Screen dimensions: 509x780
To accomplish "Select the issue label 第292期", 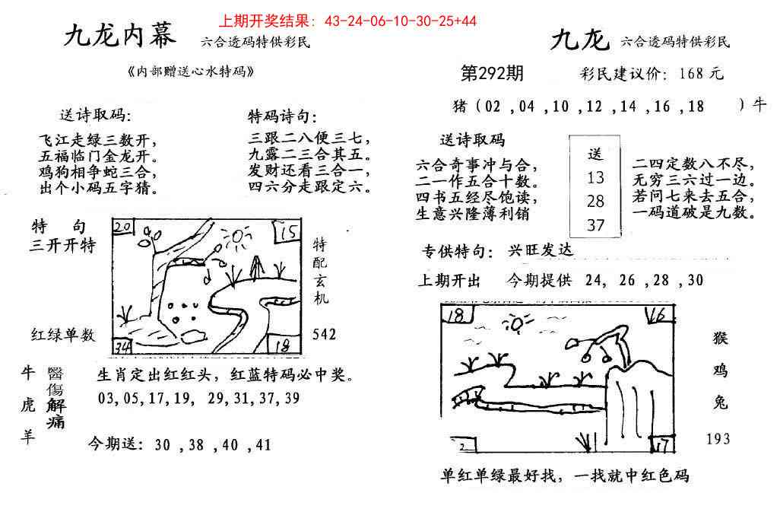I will (492, 74).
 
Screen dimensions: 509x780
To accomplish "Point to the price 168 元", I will (702, 75).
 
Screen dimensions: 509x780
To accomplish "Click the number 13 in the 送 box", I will (595, 178).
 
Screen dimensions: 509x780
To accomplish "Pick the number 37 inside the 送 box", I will (595, 224).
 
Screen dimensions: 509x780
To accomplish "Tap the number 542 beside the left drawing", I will (325, 335).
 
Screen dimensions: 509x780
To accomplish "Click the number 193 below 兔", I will (718, 438).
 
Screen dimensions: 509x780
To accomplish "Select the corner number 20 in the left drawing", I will (123, 226).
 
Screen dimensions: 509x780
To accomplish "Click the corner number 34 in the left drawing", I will (122, 348).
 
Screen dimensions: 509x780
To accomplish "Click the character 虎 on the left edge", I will (28, 407).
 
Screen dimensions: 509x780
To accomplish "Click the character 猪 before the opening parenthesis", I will (461, 107).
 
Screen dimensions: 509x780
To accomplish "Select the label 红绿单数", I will (62, 335).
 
